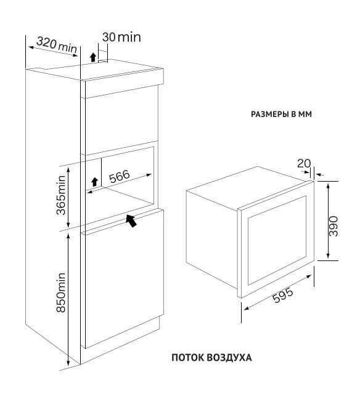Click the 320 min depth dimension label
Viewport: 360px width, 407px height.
click(57, 44)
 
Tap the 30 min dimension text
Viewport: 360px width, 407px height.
click(121, 38)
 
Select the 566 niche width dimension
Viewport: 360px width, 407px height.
click(119, 176)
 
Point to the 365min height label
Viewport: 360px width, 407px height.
click(61, 195)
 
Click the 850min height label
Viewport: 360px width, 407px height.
click(61, 292)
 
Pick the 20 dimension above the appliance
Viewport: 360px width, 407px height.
click(304, 164)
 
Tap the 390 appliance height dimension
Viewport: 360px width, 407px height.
click(333, 226)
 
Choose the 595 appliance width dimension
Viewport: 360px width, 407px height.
click(283, 295)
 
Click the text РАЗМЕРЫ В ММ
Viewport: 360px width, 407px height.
click(281, 114)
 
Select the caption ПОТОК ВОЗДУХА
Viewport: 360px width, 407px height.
click(211, 357)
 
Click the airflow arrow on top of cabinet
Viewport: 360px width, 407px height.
click(93, 57)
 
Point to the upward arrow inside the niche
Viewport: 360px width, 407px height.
click(94, 182)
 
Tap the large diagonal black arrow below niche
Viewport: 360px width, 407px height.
click(131, 220)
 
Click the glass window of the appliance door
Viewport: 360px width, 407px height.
click(277, 240)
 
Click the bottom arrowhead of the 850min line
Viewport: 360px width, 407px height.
click(68, 363)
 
